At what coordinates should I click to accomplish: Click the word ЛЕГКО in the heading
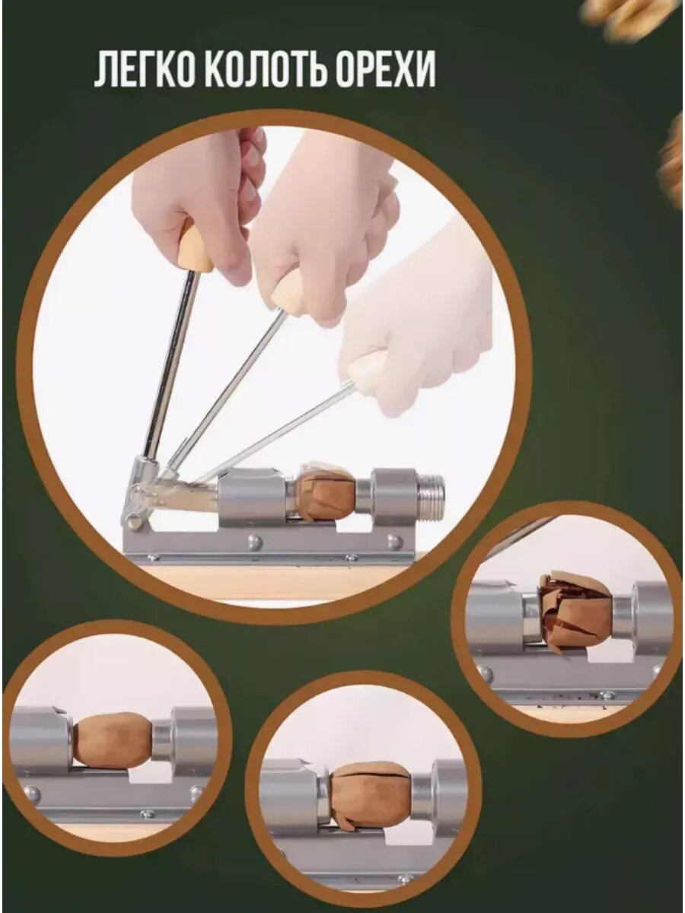tap(145, 68)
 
